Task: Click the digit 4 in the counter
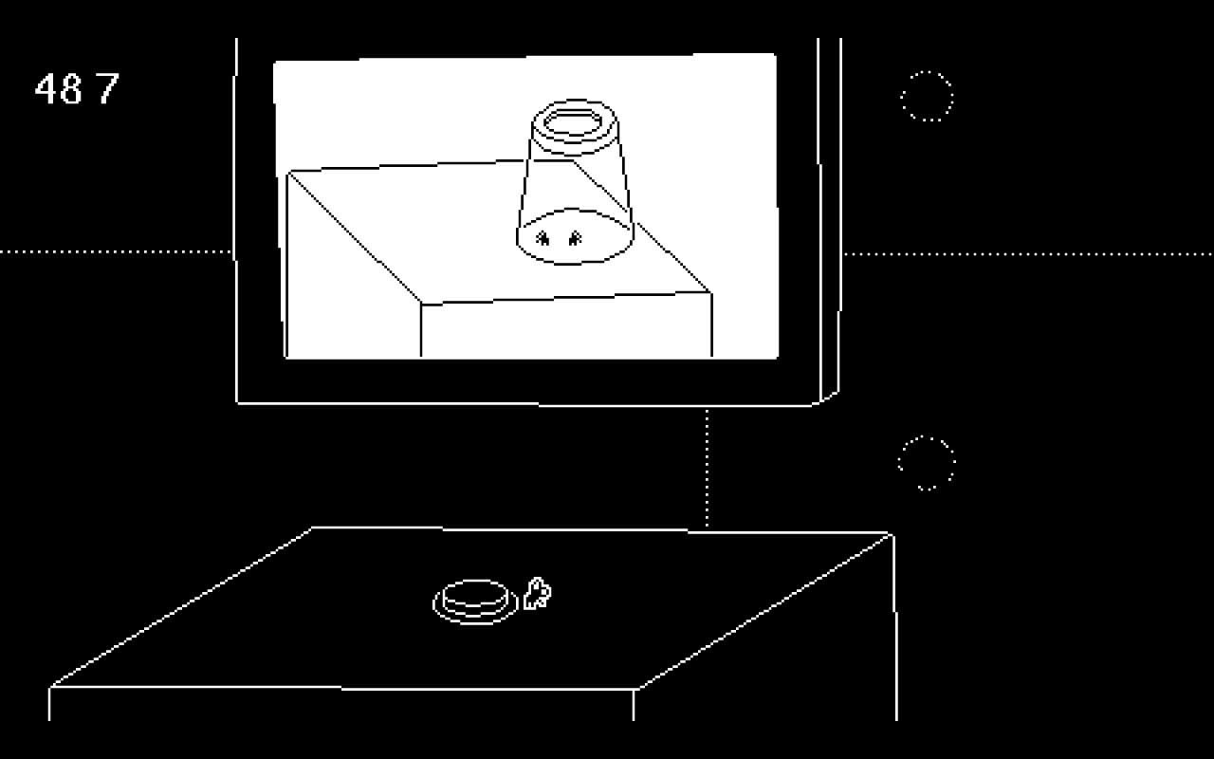(x=46, y=88)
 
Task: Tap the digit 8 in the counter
(x=70, y=88)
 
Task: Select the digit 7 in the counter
(x=107, y=88)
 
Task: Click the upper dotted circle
(x=927, y=96)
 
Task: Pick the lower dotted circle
(x=927, y=463)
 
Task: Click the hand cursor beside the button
(x=537, y=594)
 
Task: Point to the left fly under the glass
(x=543, y=238)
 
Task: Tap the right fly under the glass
(x=574, y=238)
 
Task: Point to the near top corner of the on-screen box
(x=421, y=305)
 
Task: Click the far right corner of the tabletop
(x=892, y=535)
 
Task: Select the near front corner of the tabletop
(x=635, y=688)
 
